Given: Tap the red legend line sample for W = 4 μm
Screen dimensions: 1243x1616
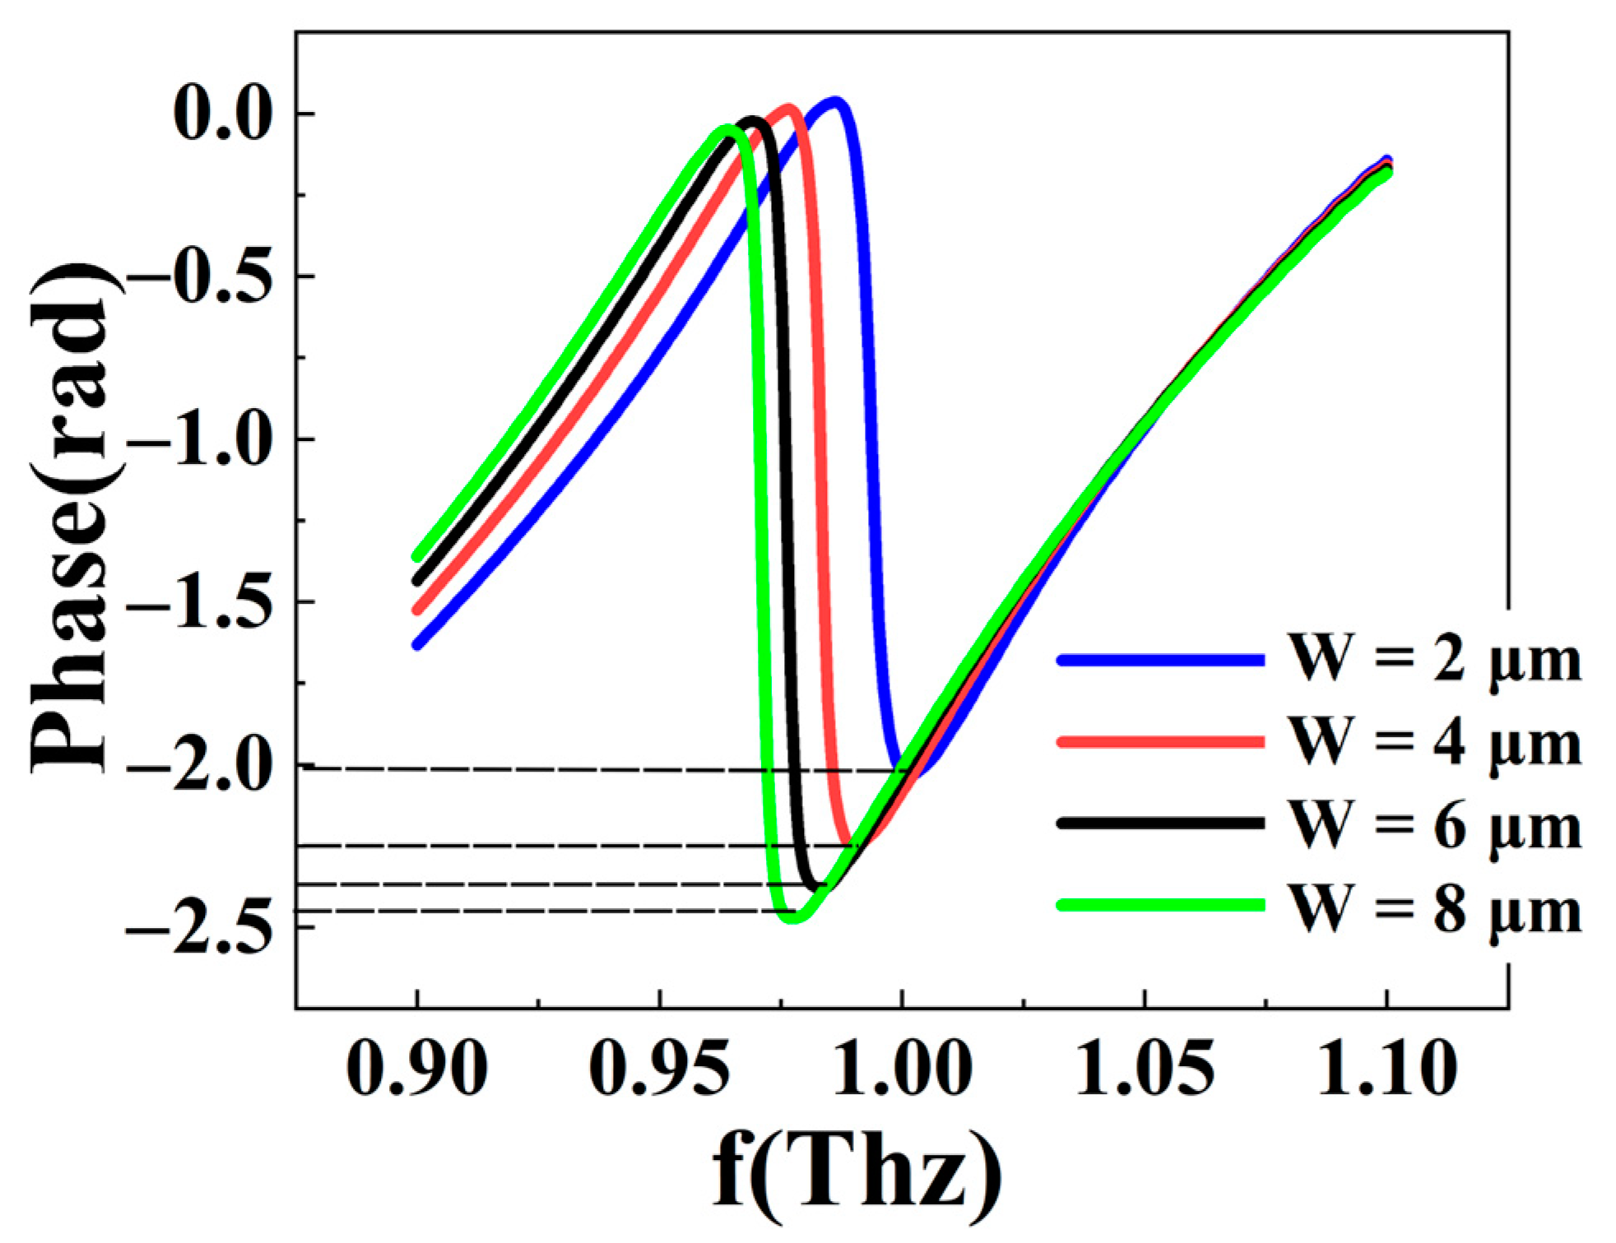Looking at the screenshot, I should pyautogui.click(x=1160, y=742).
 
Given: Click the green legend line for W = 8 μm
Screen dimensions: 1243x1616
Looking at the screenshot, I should pyautogui.click(x=1160, y=905).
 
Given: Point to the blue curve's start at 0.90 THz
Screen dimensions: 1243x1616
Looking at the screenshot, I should pyautogui.click(x=417, y=646).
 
